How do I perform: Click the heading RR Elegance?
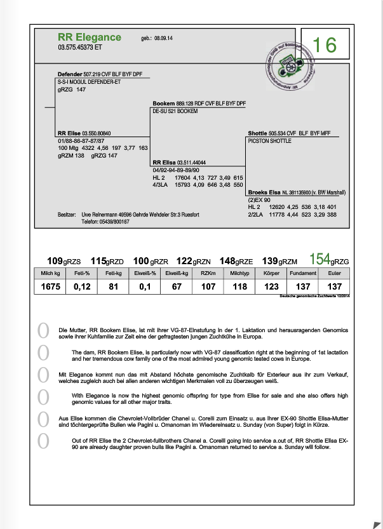pyautogui.click(x=89, y=37)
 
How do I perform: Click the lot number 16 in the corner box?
pyautogui.click(x=325, y=45)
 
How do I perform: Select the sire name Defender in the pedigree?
pyautogui.click(x=70, y=74)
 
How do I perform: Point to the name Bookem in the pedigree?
pyautogui.click(x=165, y=103)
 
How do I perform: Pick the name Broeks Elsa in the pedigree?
pyautogui.click(x=264, y=192)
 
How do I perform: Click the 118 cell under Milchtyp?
pyautogui.click(x=239, y=287)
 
